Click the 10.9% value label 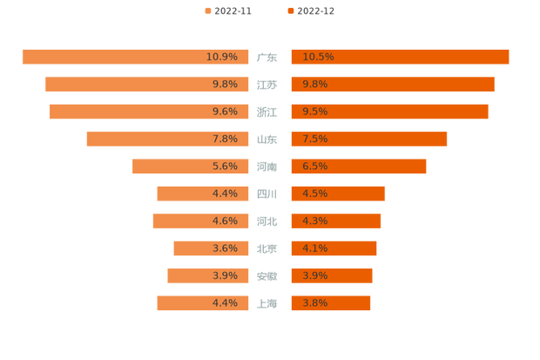pos(221,57)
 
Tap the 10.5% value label pos(319,57)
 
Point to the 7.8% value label pos(225,139)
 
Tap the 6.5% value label pos(315,166)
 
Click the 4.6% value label pos(225,221)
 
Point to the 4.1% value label pos(315,248)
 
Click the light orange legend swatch pos(207,11)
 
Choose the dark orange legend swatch pos(289,11)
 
